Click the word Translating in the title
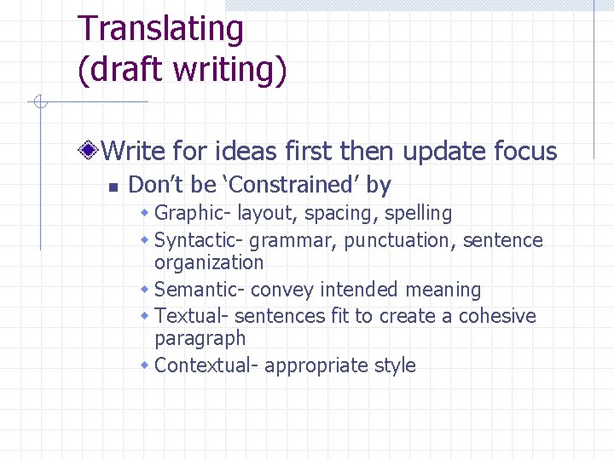pos(160,30)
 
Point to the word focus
pos(525,152)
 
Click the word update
pos(442,152)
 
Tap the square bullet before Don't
pos(109,186)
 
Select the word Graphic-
pos(194,213)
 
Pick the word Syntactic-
pos(201,241)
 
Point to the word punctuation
pos(400,241)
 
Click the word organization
pos(209,262)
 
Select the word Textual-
pos(192,316)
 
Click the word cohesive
pos(497,316)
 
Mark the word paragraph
pos(200,338)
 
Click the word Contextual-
pos(206,365)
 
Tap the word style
pos(395,365)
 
